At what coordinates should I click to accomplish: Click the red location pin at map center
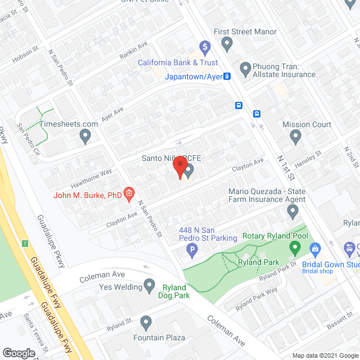[179, 168]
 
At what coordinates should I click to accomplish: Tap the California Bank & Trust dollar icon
[205, 46]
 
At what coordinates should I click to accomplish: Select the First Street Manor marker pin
[227, 43]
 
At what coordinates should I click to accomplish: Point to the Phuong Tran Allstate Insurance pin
[245, 69]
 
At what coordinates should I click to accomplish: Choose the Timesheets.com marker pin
[85, 135]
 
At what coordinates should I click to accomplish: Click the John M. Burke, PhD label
[87, 195]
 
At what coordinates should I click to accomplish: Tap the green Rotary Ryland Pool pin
[293, 247]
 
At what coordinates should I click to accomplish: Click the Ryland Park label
[258, 262]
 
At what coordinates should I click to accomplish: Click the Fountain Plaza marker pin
[146, 323]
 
